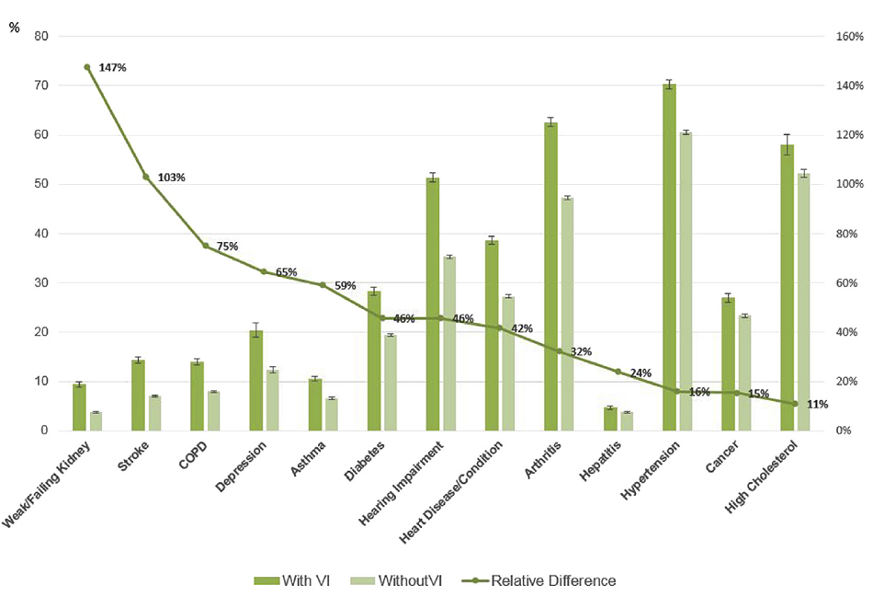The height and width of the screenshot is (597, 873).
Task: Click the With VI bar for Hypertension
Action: tap(669, 258)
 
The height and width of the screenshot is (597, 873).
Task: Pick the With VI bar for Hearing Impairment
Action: tap(433, 304)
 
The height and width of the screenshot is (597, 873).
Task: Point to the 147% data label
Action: tap(112, 68)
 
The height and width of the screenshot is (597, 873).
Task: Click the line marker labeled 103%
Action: tap(145, 177)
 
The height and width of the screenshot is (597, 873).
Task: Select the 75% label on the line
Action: tap(226, 247)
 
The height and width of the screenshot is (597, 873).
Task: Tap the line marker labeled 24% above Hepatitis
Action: tap(618, 372)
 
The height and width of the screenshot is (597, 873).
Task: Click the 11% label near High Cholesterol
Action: tap(817, 404)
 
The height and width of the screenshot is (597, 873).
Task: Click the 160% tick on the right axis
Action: tap(845, 37)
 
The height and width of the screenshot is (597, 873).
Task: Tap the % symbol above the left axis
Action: tap(14, 27)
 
